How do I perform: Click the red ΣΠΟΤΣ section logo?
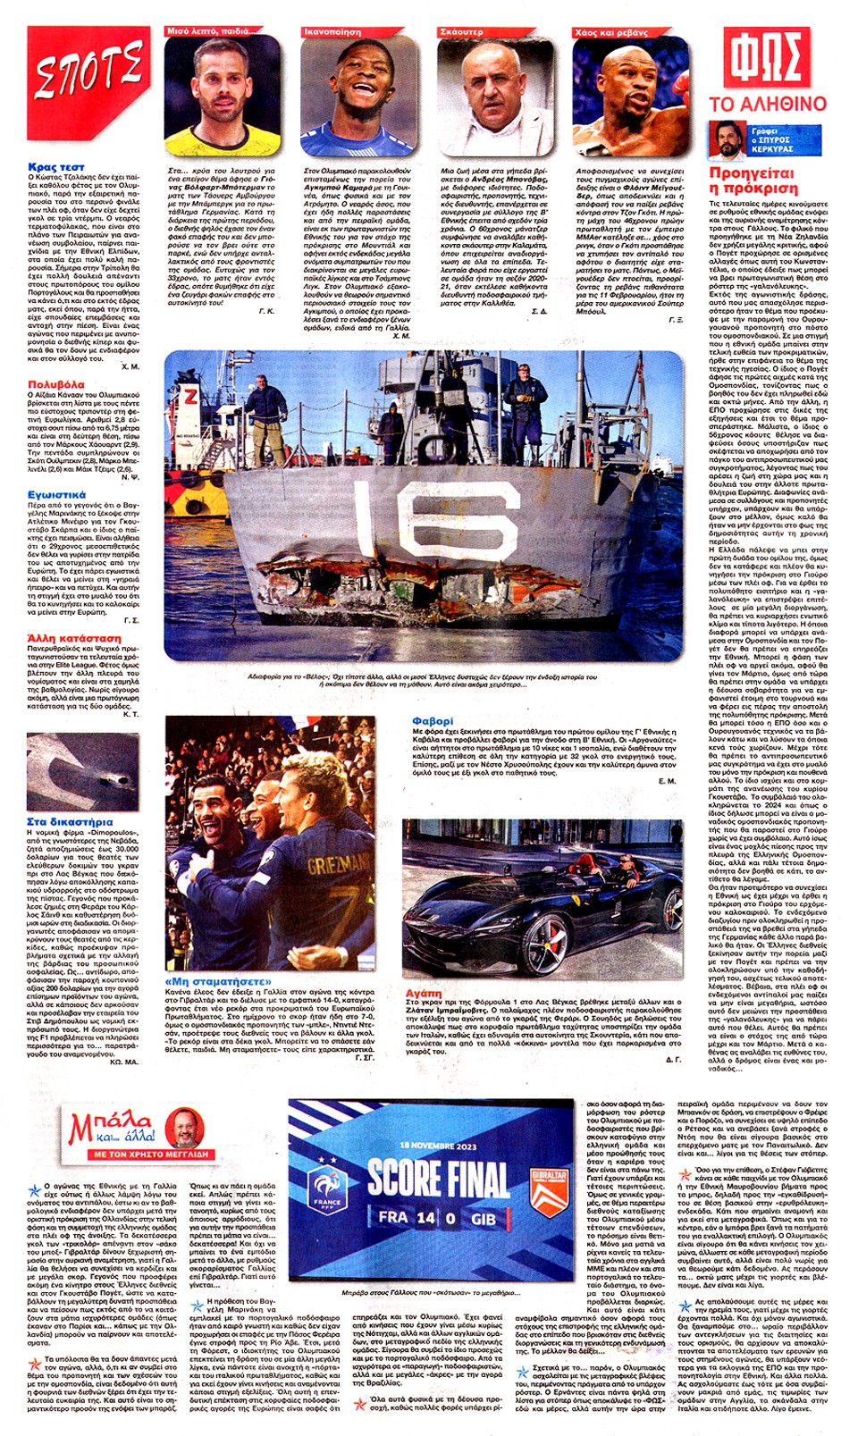(x=88, y=72)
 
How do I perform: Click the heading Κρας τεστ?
(x=55, y=167)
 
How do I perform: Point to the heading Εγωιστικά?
(x=56, y=494)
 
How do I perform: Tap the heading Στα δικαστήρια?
(x=70, y=821)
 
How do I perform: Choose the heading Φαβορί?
(x=433, y=721)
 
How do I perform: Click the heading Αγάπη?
(x=424, y=993)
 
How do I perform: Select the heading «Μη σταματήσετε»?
(x=218, y=981)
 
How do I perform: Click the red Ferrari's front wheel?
(x=537, y=951)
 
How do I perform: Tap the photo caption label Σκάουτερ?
(x=461, y=31)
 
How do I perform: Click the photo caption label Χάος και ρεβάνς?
(x=611, y=31)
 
